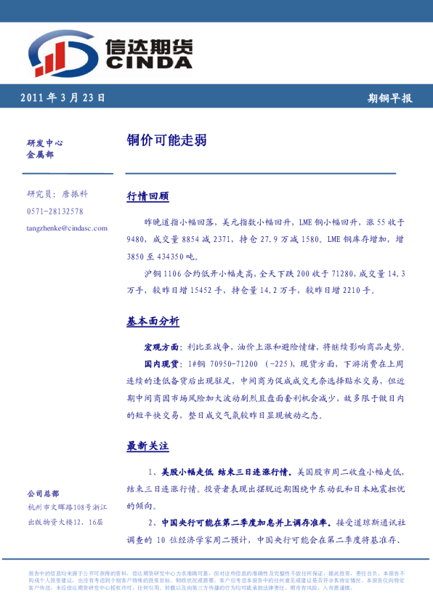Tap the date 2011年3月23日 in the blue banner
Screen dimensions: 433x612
coord(62,97)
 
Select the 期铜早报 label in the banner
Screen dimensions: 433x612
coord(389,98)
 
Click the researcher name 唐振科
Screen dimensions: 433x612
coord(75,194)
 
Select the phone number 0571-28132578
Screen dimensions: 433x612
coord(54,211)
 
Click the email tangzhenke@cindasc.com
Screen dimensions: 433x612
coord(67,228)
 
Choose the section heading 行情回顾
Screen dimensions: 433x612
coord(147,197)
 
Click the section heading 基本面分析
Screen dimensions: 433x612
coord(153,321)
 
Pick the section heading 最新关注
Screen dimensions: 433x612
coord(147,445)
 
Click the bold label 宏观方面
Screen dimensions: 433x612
coord(163,347)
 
